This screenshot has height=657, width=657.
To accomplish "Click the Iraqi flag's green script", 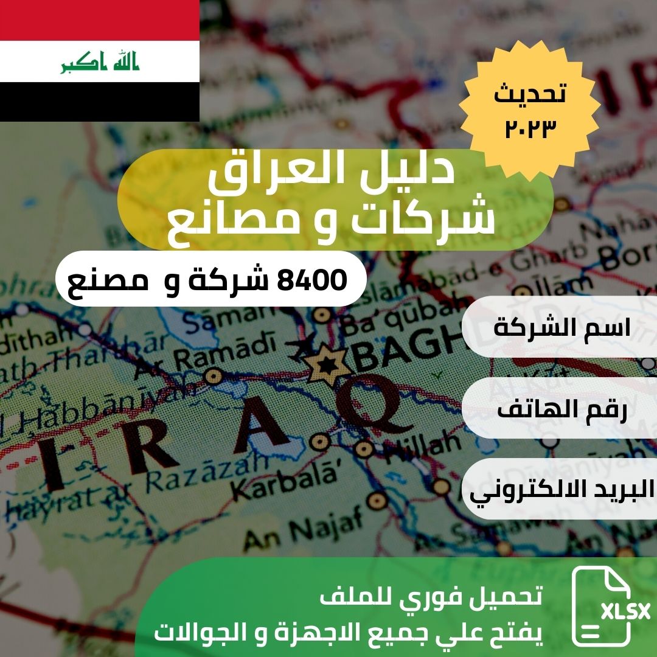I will click(x=100, y=63).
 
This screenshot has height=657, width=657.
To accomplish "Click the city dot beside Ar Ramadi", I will click(x=214, y=376).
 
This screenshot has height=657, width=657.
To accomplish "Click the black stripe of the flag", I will click(x=100, y=102).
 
